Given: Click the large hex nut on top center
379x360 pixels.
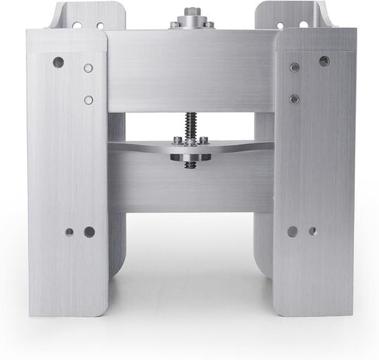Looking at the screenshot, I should (x=190, y=13).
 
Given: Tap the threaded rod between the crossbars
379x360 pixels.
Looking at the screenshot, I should (x=190, y=124).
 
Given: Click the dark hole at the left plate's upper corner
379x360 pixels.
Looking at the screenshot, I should (x=58, y=62).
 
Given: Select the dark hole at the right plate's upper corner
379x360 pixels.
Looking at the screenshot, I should (x=324, y=61).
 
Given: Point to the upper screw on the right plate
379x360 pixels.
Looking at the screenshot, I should (x=294, y=67).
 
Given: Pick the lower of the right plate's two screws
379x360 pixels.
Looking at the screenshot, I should (x=294, y=99).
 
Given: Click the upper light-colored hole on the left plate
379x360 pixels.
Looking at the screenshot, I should (x=89, y=68).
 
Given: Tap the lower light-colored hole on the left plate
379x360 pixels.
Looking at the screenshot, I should (x=89, y=99).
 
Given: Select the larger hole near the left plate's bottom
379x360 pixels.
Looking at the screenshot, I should (x=89, y=231).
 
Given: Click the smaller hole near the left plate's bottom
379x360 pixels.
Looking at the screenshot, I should (x=69, y=231).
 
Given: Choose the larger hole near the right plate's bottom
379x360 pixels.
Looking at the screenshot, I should (x=292, y=231).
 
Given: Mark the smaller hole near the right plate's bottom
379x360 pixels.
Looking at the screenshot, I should (x=312, y=230).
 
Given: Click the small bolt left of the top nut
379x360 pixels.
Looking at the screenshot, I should (x=174, y=25).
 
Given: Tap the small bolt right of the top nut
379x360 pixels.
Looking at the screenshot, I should (x=208, y=24).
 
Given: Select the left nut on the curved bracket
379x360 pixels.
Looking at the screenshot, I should (x=178, y=140).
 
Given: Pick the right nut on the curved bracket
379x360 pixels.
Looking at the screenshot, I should (x=203, y=140).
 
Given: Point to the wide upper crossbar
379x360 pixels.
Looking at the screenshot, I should (x=190, y=70).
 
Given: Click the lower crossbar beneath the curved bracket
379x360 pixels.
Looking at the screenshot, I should (x=190, y=186).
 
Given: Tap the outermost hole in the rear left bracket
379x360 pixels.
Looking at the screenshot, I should (x=77, y=25).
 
